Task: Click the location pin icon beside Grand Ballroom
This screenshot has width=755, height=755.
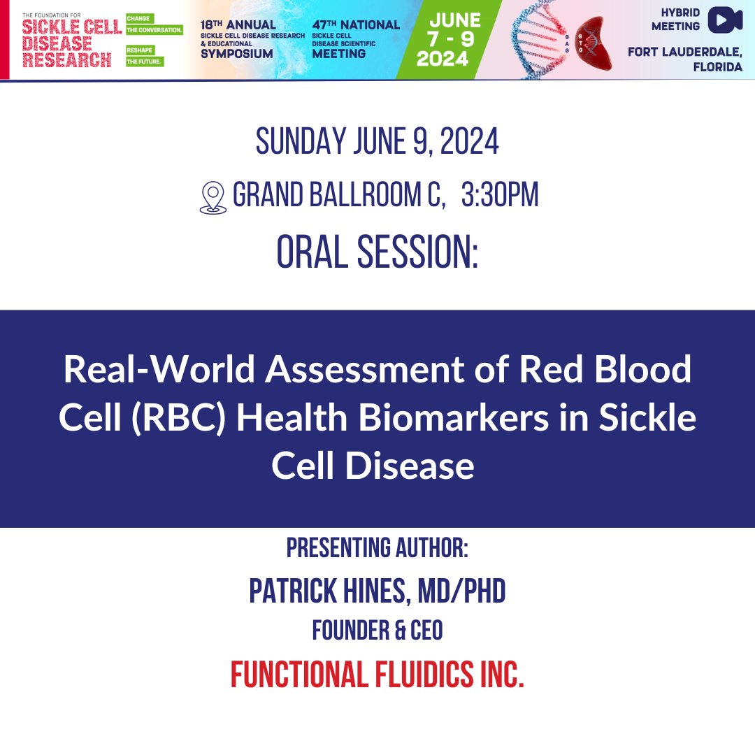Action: pos(213,198)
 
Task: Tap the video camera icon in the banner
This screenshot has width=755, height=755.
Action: pos(725,20)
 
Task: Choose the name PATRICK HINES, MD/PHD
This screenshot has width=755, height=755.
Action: pos(377,592)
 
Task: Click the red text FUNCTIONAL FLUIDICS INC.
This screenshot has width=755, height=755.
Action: pos(377,674)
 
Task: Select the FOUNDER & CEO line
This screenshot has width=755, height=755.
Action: pos(377,631)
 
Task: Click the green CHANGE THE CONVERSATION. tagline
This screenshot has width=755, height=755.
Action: pos(153,25)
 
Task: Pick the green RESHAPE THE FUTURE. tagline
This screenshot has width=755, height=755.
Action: pos(145,56)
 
